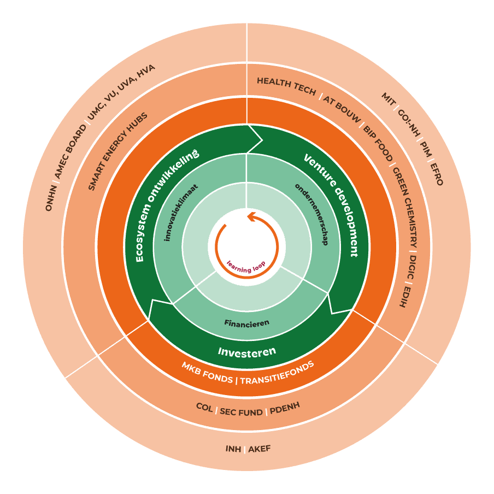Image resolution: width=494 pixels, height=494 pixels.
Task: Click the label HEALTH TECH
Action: [286, 86]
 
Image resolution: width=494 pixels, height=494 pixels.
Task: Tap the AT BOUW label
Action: [342, 107]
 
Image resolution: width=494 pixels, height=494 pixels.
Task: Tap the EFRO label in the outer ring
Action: [436, 174]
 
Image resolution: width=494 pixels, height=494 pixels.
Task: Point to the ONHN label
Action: [50, 198]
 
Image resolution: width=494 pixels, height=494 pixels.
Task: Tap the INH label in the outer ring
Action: [233, 449]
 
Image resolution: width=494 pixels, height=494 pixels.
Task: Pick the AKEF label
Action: [260, 449]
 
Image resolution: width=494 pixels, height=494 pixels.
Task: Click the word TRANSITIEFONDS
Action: [277, 373]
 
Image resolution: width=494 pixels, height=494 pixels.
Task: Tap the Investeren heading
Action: [247, 351]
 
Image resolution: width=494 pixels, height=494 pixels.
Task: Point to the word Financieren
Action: [246, 323]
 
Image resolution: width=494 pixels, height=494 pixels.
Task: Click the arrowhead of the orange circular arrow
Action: [252, 217]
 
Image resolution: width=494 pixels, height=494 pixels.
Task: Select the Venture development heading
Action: [331, 205]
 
